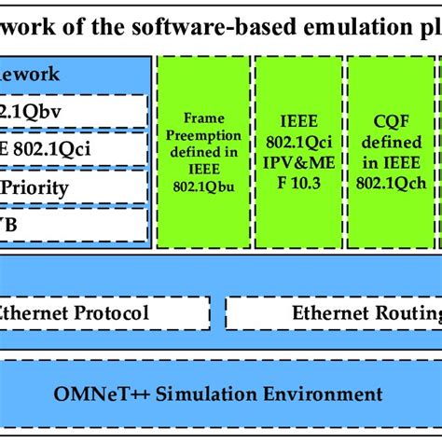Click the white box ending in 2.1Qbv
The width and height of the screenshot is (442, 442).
tap(75, 111)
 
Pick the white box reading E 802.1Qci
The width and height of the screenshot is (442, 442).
tap(75, 149)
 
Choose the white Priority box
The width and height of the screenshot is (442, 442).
tap(75, 187)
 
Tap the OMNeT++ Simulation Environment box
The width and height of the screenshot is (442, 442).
tap(221, 392)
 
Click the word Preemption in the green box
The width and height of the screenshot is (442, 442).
tap(204, 133)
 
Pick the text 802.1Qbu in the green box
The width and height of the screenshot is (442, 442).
tap(205, 186)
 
